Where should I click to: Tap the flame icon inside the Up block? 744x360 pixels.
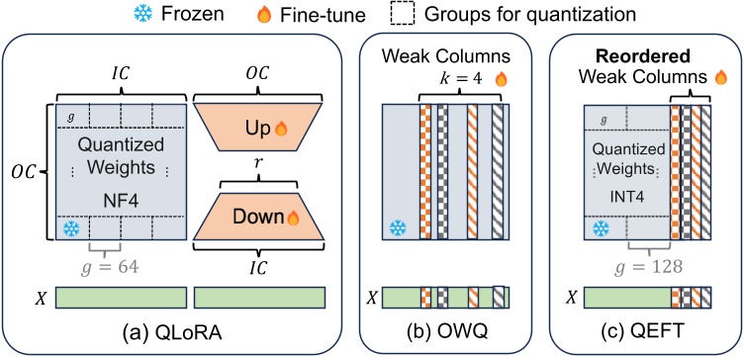280,131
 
